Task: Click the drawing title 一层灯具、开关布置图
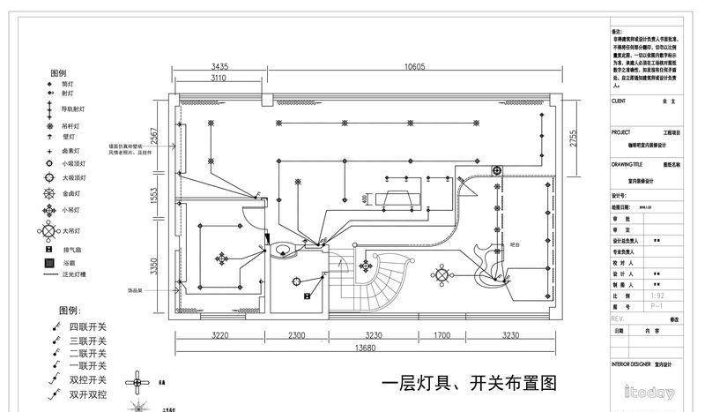470,384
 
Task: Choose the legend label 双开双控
88,395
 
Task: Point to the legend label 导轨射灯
74,109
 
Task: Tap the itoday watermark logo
649,393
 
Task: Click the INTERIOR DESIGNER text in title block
635,363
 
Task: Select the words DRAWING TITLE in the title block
627,164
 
